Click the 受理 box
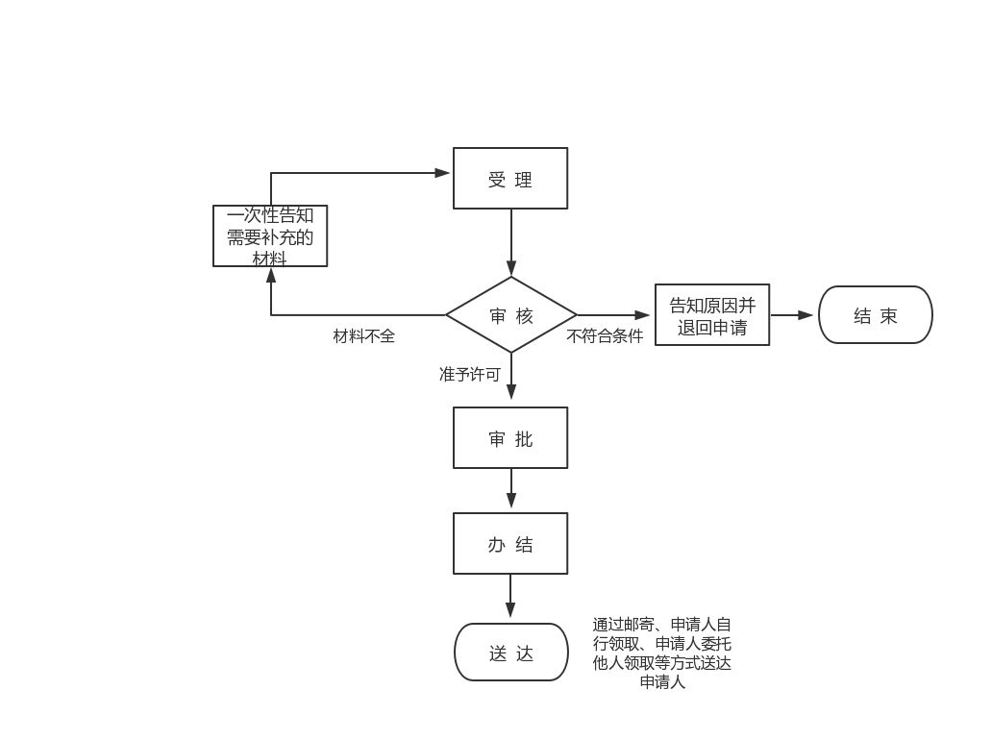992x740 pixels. coord(510,179)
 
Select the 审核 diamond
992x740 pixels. coord(510,315)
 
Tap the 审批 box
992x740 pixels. coord(510,438)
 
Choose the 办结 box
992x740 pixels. coord(510,544)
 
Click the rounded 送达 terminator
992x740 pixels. coord(510,653)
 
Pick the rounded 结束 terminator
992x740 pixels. coord(875,315)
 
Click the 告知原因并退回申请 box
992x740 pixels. coord(712,315)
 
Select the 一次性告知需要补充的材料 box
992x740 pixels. coord(270,235)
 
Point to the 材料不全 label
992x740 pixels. coord(363,336)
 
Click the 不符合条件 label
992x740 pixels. coord(605,336)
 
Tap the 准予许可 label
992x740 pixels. coord(470,375)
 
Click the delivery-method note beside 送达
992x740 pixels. coord(662,654)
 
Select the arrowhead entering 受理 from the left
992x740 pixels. coord(443,173)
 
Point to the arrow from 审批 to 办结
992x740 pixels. coord(511,490)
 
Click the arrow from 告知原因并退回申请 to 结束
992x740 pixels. coord(793,315)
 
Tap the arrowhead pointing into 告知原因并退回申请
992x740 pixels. coord(644,315)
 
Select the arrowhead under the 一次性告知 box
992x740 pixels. coord(271,275)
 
